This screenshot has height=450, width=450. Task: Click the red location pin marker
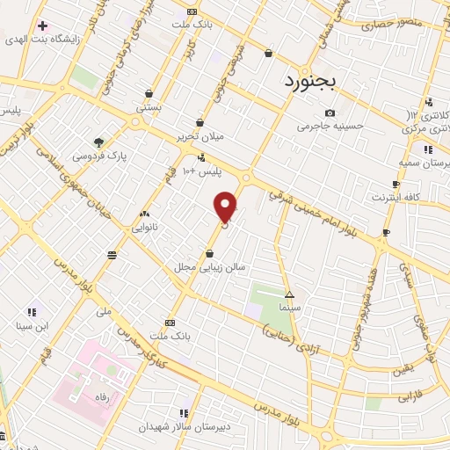click(226, 207)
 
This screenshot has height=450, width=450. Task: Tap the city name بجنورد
click(317, 83)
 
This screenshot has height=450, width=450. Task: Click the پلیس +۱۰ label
click(201, 171)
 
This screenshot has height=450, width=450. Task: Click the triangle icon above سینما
click(290, 294)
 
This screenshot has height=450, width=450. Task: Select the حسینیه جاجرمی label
click(329, 127)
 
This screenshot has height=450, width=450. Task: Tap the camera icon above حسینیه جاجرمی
click(330, 112)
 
